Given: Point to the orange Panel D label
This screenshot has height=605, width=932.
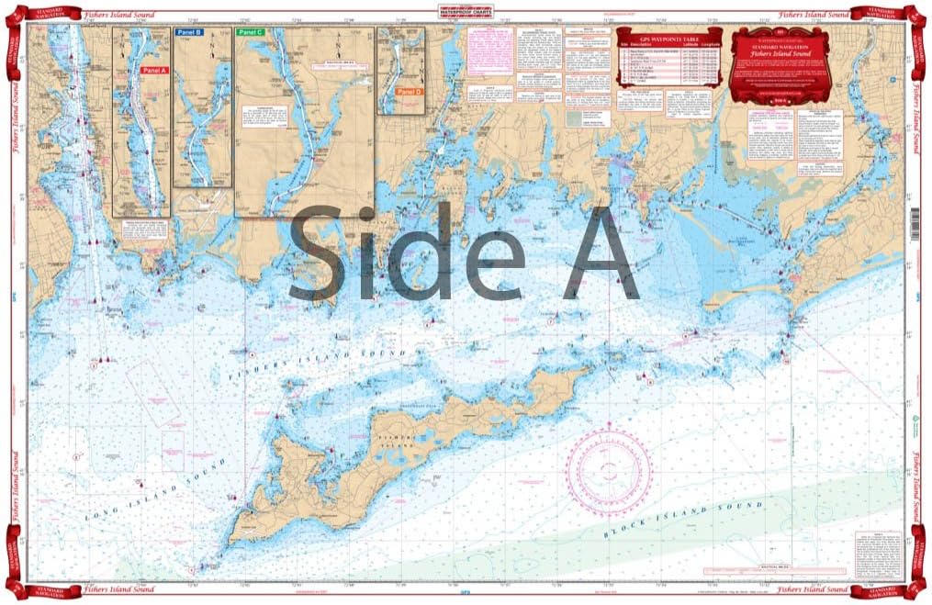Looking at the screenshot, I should (407, 92).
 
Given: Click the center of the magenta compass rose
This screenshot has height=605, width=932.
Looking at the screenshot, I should (609, 473).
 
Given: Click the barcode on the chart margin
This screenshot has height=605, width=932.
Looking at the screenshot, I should (915, 222).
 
